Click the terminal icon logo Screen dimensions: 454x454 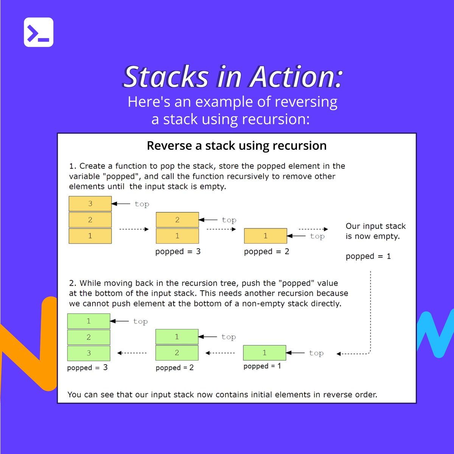pyautogui.click(x=39, y=32)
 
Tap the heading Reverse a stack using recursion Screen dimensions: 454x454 pyautogui.click(x=236, y=146)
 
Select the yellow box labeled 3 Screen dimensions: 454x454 pyautogui.click(x=90, y=204)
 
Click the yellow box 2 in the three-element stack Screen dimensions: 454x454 pyautogui.click(x=90, y=220)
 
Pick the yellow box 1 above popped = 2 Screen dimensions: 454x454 pyautogui.click(x=265, y=236)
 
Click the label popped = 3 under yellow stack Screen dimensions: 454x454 pyautogui.click(x=178, y=252)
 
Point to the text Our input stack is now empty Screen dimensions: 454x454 pyautogui.click(x=375, y=231)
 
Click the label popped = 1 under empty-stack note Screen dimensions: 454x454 pyautogui.click(x=368, y=257)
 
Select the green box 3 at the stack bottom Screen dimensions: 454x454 pyautogui.click(x=89, y=353)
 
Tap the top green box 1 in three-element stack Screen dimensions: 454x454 pyautogui.click(x=89, y=321)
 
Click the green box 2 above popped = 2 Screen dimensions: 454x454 pyautogui.click(x=177, y=353)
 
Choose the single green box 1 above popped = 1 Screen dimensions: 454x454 pyautogui.click(x=264, y=353)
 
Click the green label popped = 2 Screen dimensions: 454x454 pyautogui.click(x=174, y=368)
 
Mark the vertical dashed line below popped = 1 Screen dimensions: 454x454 pyautogui.click(x=370, y=310)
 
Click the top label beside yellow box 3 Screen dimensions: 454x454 pyautogui.click(x=142, y=204)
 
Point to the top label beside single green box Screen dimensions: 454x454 pyautogui.click(x=316, y=353)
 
